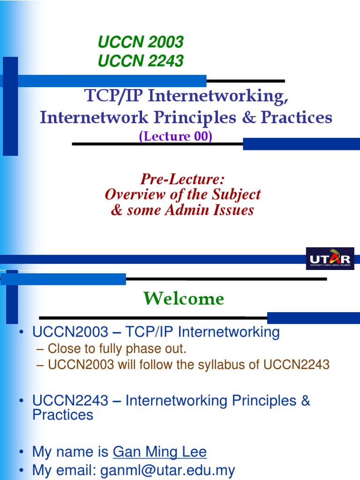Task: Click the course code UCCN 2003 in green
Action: pyautogui.click(x=140, y=42)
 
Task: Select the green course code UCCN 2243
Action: pyautogui.click(x=140, y=60)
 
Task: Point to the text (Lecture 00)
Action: pyautogui.click(x=176, y=136)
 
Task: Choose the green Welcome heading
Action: pyautogui.click(x=183, y=299)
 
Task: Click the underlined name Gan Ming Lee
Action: pyautogui.click(x=159, y=452)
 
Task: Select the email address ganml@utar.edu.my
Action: pyautogui.click(x=174, y=470)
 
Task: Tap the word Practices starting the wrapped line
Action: pyautogui.click(x=62, y=415)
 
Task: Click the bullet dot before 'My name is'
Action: pyautogui.click(x=22, y=452)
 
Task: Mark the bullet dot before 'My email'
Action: pyautogui.click(x=22, y=470)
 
